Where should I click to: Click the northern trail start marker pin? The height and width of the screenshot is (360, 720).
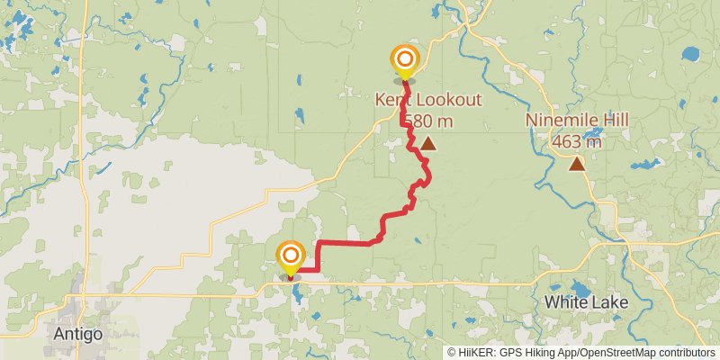click(405, 61)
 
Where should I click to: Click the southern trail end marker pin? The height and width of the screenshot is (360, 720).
click(291, 256)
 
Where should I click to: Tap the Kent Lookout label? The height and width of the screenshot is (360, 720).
click(427, 100)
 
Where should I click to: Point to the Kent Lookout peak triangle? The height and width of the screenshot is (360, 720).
click(428, 143)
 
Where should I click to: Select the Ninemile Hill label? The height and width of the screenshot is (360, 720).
click(577, 121)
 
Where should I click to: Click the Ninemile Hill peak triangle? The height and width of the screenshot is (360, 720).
click(576, 164)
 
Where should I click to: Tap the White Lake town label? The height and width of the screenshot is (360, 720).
click(586, 302)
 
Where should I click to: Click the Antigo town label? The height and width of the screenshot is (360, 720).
click(78, 333)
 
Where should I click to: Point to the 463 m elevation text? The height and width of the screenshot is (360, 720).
click(577, 140)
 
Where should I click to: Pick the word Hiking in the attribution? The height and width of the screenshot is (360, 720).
click(538, 353)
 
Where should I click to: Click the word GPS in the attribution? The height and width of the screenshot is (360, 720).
click(511, 353)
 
